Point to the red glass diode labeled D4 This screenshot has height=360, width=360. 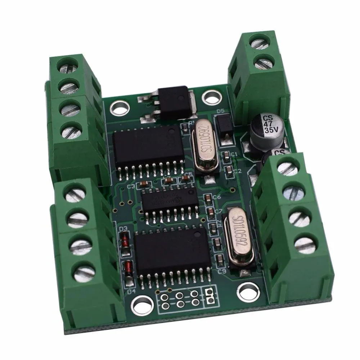[128, 268]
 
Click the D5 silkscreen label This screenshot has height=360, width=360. [221, 111]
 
